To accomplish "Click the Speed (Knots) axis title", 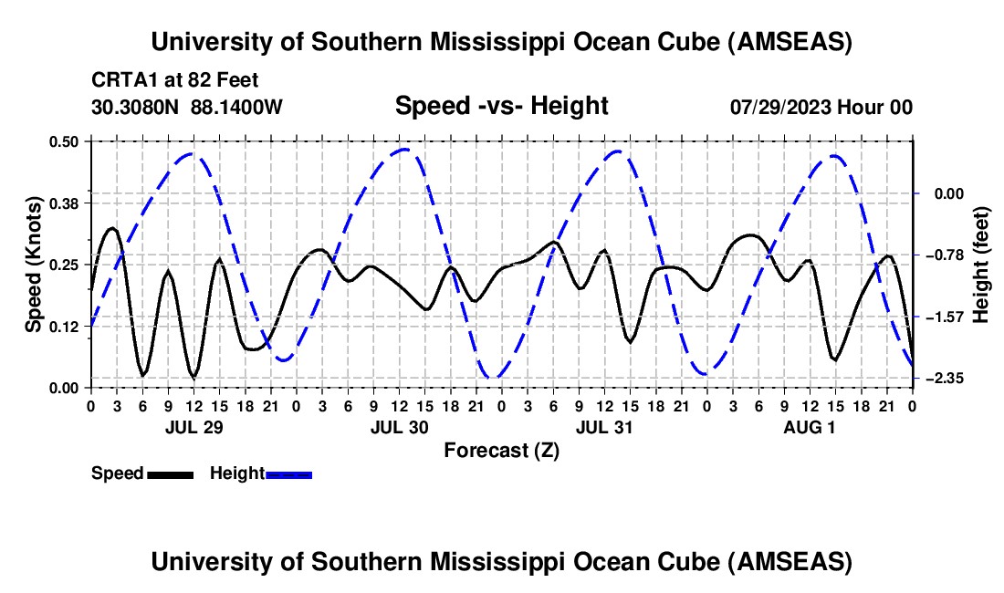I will coord(34,265).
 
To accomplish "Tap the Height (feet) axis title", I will coord(980,265).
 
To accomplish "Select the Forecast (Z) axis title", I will coord(501,450).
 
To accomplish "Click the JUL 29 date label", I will coord(193,427).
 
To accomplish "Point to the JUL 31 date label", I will coord(604,427).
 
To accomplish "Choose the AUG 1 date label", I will coord(811,427).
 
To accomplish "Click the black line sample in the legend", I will coord(170,473).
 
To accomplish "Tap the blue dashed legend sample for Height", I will coord(289,473).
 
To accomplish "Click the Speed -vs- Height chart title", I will coord(501,106).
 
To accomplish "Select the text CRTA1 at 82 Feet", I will coord(175,79).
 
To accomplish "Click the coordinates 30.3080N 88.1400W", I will coord(187,107).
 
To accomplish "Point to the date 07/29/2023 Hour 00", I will coord(821,107).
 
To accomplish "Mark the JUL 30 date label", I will coord(399,427).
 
